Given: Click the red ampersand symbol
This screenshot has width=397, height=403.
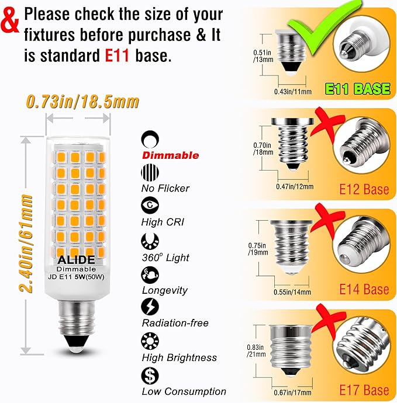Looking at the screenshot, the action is pyautogui.click(x=10, y=22).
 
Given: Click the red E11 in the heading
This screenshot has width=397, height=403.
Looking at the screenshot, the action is pyautogui.click(x=117, y=55).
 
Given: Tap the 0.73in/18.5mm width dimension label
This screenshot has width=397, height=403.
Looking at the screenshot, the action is pyautogui.click(x=82, y=102).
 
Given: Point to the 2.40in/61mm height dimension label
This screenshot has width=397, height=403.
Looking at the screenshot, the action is pyautogui.click(x=26, y=243).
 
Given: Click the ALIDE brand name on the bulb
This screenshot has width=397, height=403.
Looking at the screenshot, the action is pyautogui.click(x=76, y=260).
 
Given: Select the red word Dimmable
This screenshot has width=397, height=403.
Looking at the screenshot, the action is pyautogui.click(x=171, y=155).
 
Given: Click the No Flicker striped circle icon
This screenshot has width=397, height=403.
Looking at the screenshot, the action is pyautogui.click(x=150, y=172).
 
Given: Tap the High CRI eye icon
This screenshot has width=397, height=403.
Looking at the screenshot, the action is pyautogui.click(x=150, y=205).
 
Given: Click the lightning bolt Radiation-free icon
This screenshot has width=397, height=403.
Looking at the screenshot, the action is pyautogui.click(x=150, y=307).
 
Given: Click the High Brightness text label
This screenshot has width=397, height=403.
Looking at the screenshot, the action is pyautogui.click(x=179, y=357).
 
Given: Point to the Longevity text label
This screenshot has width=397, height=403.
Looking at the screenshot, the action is pyautogui.click(x=165, y=290).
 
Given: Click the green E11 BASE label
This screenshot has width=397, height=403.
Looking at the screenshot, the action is pyautogui.click(x=357, y=89).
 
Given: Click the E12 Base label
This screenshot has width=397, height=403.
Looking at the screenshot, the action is pyautogui.click(x=364, y=189).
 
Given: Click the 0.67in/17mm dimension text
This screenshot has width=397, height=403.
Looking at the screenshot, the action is pyautogui.click(x=292, y=392).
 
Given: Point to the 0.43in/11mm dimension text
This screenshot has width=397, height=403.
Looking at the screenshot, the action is pyautogui.click(x=293, y=92).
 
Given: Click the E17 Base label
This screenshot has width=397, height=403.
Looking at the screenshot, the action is pyautogui.click(x=364, y=390).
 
